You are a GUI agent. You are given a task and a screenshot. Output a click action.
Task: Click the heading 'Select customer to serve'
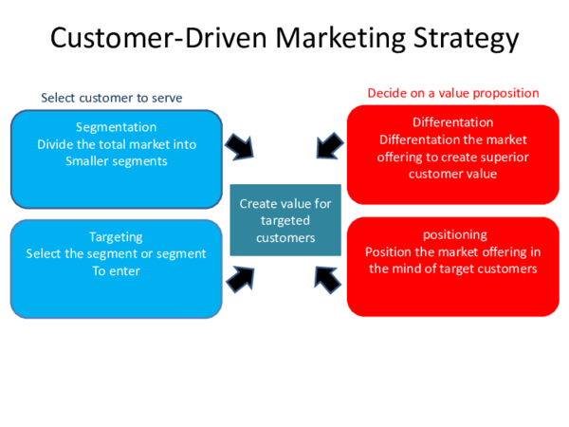(112, 98)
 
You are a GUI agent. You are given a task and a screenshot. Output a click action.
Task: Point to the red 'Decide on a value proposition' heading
(453, 93)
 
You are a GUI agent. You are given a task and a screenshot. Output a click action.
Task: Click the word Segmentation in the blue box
(117, 126)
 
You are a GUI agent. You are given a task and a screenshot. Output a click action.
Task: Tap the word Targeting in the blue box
(116, 236)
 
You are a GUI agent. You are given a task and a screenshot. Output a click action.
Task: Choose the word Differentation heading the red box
(452, 122)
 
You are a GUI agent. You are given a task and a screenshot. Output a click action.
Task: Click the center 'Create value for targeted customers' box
(285, 220)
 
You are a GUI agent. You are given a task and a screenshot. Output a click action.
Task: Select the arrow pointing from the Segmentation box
(238, 147)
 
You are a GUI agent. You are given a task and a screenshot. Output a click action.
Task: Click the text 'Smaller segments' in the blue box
(116, 160)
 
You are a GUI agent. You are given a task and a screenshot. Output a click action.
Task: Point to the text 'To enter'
(116, 270)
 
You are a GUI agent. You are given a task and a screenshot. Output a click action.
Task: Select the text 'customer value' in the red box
(452, 174)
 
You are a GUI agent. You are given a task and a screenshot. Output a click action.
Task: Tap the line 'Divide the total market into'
(116, 143)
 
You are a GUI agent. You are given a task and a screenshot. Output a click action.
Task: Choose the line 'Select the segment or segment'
(116, 253)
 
